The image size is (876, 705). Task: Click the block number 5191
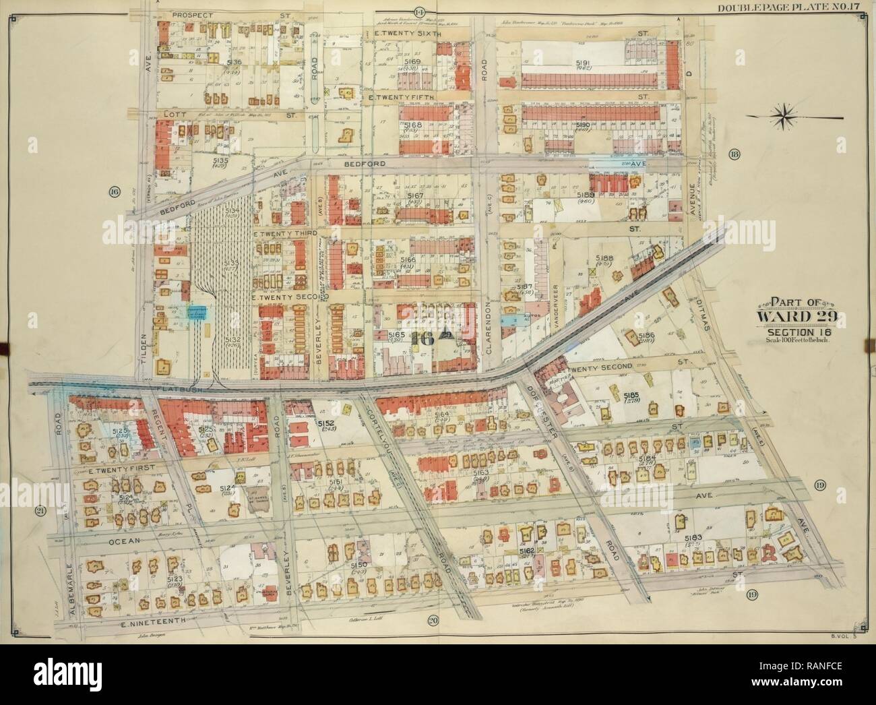pyautogui.click(x=583, y=62)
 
